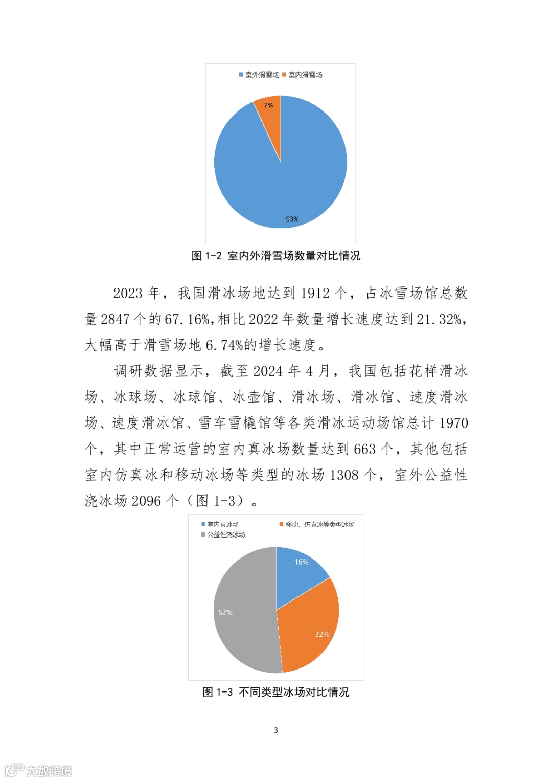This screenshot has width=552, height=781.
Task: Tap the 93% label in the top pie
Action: (x=292, y=219)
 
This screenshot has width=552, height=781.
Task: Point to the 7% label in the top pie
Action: (x=268, y=105)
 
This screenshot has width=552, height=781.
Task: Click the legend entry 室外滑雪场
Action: (x=259, y=75)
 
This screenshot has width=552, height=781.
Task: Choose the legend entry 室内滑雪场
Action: (x=303, y=75)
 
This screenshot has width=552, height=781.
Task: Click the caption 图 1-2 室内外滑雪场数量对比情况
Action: (x=275, y=256)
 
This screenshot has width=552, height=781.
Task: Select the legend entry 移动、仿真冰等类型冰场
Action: (x=317, y=524)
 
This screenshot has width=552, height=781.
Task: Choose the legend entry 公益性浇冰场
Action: (x=223, y=534)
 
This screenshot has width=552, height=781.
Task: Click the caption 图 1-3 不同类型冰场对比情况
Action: (x=275, y=692)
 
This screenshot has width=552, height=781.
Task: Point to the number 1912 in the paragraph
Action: (x=315, y=293)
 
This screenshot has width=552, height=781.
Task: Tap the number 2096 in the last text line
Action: (x=146, y=501)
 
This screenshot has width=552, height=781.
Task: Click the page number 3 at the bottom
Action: (x=276, y=730)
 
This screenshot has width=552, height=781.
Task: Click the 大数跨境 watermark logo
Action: (x=38, y=770)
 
